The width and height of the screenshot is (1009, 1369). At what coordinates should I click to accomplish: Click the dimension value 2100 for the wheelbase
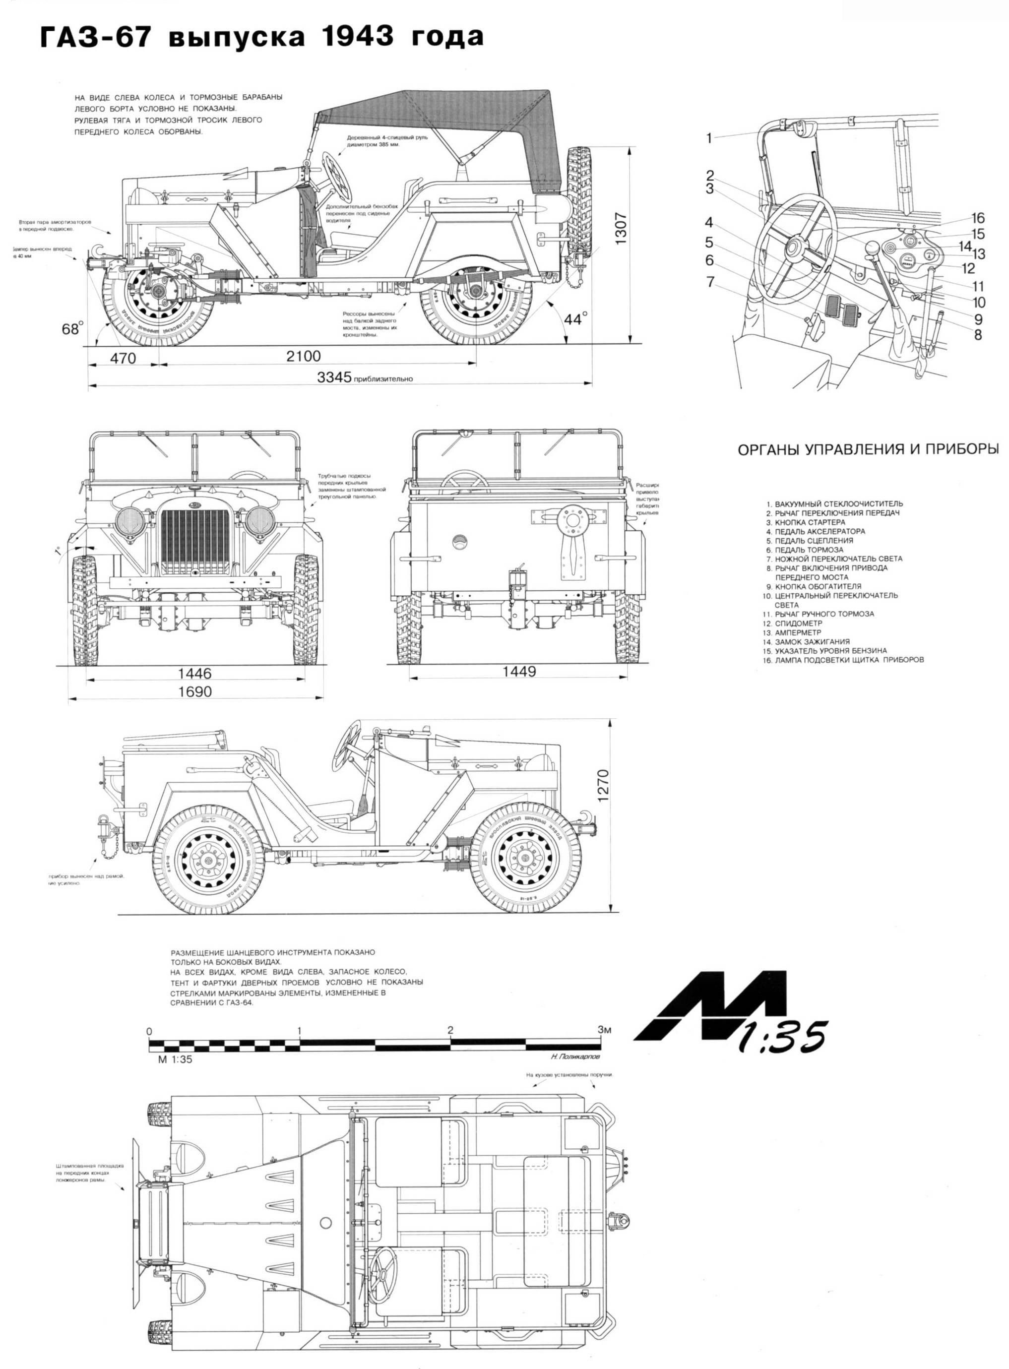click(x=304, y=356)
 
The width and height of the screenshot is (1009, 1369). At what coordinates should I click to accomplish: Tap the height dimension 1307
click(x=621, y=228)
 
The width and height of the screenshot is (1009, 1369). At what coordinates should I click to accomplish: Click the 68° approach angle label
click(x=72, y=328)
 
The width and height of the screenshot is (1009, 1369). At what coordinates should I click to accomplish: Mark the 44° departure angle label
click(x=575, y=318)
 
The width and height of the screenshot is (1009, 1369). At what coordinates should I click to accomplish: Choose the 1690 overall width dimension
click(x=195, y=691)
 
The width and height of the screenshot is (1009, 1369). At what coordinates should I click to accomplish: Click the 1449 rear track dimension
click(x=519, y=671)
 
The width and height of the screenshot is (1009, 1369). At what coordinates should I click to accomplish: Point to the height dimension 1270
click(x=603, y=786)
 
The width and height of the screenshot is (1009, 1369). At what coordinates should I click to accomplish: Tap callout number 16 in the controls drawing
click(x=978, y=218)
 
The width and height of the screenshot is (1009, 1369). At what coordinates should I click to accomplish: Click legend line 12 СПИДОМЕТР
click(x=793, y=623)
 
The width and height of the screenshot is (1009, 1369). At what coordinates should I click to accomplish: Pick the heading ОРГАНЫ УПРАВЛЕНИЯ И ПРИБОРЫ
click(x=869, y=449)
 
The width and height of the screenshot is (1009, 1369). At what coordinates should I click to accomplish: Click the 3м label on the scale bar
click(x=604, y=1030)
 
